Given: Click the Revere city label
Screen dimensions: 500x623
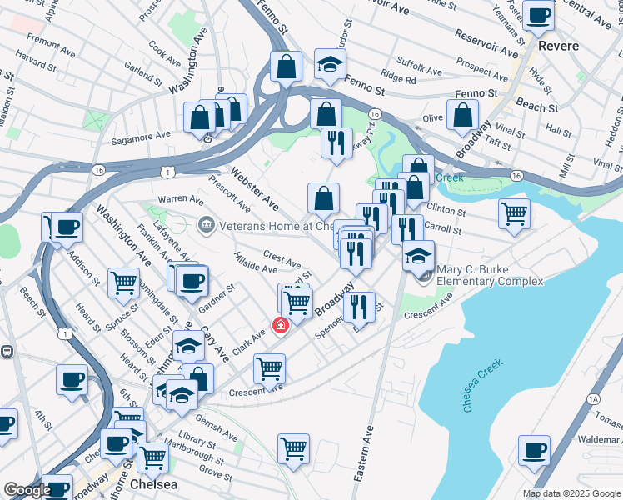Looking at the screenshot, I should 558,44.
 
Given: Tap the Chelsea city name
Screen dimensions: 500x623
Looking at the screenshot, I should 154,484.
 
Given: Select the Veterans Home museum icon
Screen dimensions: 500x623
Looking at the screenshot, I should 205,225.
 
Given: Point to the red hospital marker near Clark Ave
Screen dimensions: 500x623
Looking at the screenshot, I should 281,325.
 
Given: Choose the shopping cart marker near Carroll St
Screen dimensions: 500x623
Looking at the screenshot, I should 514,213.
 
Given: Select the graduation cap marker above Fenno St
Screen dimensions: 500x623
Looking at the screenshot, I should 330,65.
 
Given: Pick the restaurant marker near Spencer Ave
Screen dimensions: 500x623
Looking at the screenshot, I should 359,307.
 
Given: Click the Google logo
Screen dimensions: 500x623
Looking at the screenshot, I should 27,491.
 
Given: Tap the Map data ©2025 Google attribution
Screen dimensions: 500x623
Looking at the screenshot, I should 571,493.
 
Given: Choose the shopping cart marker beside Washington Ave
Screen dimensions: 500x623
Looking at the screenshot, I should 123,283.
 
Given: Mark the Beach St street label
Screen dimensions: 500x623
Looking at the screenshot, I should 537,107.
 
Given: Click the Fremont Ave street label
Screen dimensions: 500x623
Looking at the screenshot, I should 49,40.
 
